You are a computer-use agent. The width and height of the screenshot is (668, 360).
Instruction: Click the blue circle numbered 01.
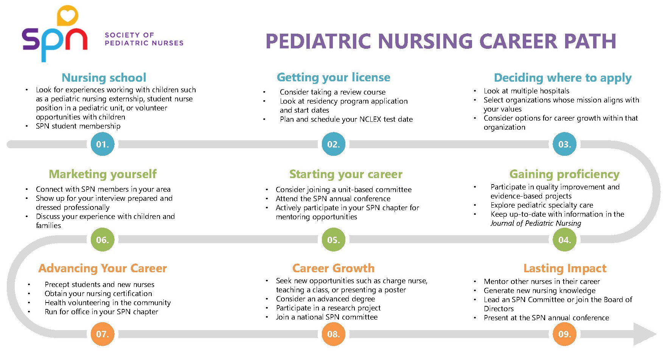pos(103,144)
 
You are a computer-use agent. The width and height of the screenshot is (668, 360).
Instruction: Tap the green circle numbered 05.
pos(333,240)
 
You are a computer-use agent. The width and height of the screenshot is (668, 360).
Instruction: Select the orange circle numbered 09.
pos(564,334)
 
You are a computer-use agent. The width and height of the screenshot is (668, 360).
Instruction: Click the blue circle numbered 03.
pos(564,144)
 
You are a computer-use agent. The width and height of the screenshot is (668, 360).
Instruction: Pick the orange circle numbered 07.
pos(103,334)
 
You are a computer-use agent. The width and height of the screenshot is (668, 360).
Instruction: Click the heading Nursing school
pos(104,78)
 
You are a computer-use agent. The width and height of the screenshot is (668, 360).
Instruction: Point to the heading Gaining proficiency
pos(564,174)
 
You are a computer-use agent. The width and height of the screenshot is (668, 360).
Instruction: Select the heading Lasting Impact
pos(564,268)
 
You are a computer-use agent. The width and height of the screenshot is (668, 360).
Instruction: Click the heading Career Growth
pos(333,268)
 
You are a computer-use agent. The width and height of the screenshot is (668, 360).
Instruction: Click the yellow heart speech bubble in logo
pos(67,16)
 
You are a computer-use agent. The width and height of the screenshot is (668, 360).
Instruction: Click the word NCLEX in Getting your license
pos(370,119)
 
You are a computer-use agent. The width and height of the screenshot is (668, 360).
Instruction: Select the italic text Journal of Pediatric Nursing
pos(536,223)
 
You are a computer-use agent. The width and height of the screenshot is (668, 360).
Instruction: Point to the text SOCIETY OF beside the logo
pos(129,35)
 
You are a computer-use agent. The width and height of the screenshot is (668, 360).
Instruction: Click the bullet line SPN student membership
pos(78,126)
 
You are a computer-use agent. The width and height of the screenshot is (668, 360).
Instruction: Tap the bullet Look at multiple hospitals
pos(526,91)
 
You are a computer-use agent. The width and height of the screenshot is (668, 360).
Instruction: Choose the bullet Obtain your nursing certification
pos(98,293)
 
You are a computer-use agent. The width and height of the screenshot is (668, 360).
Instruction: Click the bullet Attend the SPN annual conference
pos(333,199)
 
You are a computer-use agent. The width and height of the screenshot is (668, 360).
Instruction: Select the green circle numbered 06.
pos(103,240)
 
